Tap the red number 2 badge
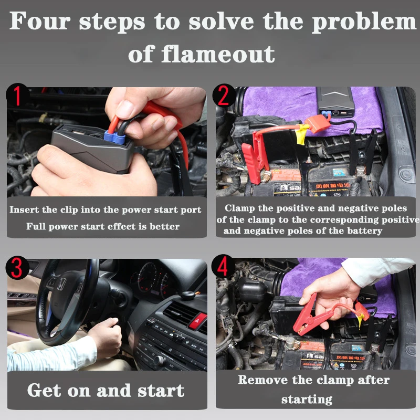[224, 97]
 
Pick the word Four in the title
[39, 22]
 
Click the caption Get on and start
[106, 391]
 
